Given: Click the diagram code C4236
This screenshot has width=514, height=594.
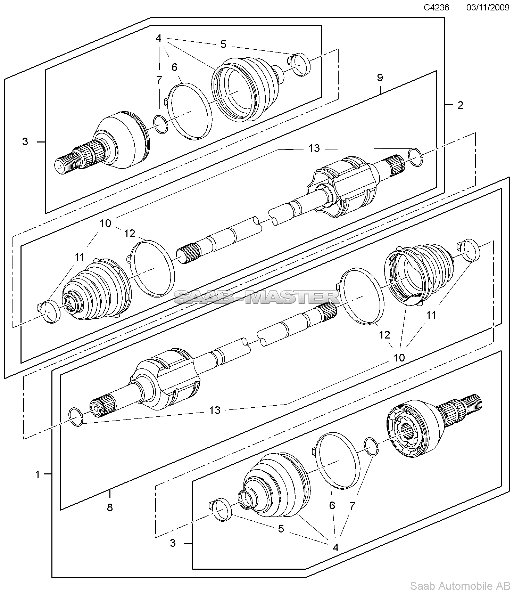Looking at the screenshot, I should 436,7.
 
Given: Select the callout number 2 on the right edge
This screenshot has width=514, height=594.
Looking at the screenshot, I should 460,105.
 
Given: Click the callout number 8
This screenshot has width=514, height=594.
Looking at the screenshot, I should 110,507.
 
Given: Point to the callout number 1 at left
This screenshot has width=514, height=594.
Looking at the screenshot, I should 38,474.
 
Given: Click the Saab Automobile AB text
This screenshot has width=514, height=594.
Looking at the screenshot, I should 461,586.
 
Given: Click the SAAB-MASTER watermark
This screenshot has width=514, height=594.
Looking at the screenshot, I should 256,298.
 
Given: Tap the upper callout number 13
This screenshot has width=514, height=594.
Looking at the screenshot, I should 314,148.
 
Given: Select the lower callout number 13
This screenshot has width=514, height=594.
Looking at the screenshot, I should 215,410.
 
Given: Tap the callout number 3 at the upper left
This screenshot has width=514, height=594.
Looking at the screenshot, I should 25,142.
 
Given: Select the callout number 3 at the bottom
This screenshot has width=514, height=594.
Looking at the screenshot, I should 173,543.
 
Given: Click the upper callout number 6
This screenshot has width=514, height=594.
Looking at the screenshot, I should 174,67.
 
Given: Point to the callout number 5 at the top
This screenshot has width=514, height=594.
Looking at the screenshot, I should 223,44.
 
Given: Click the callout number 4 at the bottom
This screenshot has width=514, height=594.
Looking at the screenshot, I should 335,547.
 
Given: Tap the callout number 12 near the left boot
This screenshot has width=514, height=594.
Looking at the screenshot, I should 130,234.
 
